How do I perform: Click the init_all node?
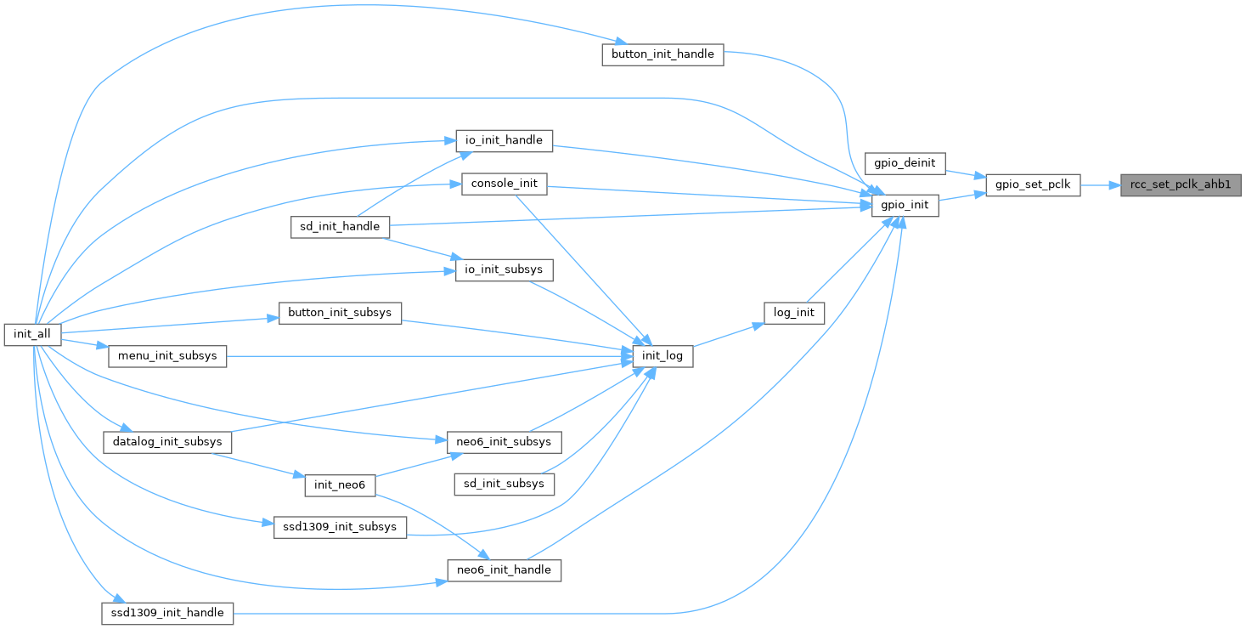32,334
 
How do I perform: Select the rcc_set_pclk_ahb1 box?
1181,184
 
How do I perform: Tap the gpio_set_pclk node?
1032,184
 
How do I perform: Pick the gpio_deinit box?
904,161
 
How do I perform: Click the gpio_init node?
905,205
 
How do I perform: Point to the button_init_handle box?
662,54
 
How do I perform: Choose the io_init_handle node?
505,139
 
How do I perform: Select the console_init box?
504,184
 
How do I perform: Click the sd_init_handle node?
340,227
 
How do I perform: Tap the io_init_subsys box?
505,270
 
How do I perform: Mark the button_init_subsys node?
340,312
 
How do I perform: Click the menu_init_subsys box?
167,355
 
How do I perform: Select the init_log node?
662,356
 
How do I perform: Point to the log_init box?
794,312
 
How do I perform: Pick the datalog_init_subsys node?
167,442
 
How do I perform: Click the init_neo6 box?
340,484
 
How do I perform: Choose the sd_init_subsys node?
505,484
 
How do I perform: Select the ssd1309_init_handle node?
167,613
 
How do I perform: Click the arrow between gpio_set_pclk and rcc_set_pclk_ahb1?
1101,184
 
